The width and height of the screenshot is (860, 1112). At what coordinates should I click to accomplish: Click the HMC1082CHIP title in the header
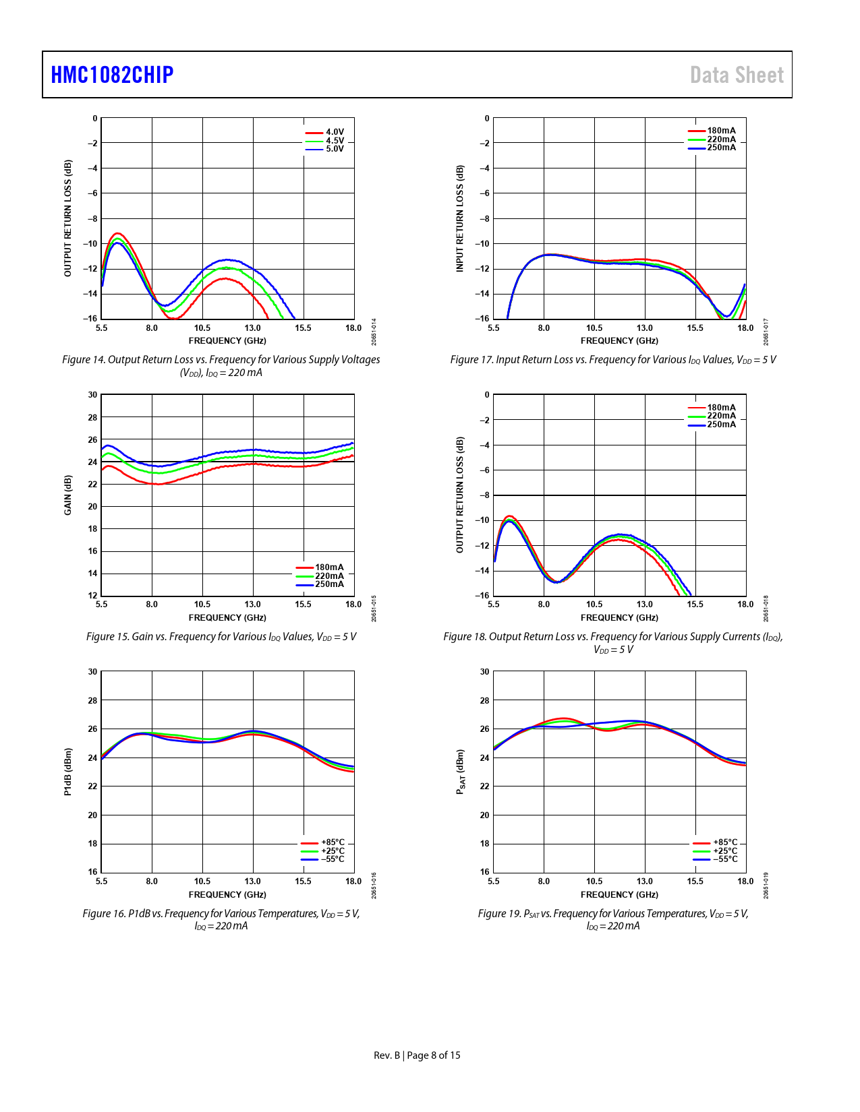tap(112, 75)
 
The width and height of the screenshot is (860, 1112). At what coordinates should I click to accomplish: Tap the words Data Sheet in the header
tap(737, 75)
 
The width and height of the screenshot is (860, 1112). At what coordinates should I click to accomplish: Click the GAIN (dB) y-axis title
tap(67, 495)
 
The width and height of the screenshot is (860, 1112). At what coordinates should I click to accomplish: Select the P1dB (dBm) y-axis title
tap(67, 772)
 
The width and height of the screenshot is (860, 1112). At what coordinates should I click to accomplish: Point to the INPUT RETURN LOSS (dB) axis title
tap(460, 218)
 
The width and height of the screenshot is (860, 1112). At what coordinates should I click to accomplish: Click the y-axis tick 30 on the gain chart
tap(92, 395)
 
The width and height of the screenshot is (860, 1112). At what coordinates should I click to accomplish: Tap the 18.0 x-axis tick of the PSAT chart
tap(745, 882)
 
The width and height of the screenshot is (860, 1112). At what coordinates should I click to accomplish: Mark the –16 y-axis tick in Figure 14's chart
tap(90, 319)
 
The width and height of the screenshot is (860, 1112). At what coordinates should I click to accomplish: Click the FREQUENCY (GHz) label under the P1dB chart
tap(227, 895)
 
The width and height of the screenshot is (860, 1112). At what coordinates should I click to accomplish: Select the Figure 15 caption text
tap(221, 637)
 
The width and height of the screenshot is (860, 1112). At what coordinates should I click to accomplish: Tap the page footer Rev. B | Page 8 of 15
tap(417, 1055)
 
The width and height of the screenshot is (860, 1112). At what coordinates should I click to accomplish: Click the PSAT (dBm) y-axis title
tap(460, 772)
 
